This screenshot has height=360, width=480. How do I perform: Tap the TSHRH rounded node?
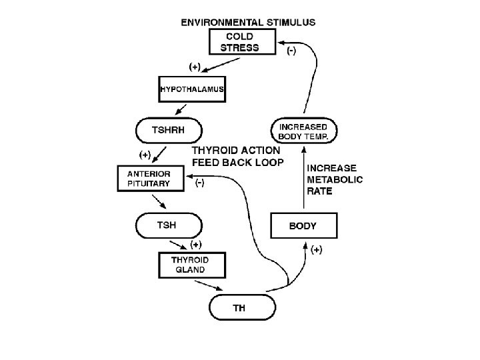click(x=169, y=131)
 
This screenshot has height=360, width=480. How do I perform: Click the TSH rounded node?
click(x=168, y=225)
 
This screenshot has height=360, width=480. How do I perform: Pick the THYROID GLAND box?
click(x=191, y=265)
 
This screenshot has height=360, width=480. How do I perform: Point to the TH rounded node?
click(x=242, y=307)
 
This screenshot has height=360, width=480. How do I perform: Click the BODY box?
click(x=303, y=225)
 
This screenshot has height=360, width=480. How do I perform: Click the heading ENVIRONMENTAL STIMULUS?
click(x=248, y=21)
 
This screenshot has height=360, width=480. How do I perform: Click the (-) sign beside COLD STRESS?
click(x=291, y=51)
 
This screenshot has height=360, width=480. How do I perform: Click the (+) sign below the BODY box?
click(x=317, y=251)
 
